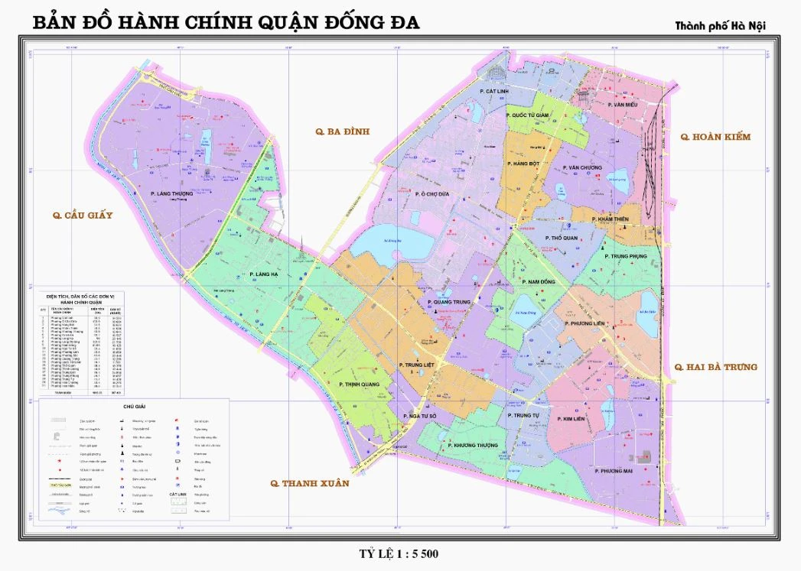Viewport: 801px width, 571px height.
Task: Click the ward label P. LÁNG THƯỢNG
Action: tap(172, 194)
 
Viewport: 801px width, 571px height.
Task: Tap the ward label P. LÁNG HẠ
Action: tap(265, 274)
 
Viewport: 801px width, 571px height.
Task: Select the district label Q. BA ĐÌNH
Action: tap(342, 131)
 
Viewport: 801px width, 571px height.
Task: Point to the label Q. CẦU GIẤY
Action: tap(83, 216)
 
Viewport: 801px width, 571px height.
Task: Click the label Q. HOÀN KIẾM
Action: tap(715, 137)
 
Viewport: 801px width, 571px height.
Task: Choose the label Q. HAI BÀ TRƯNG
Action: tap(715, 367)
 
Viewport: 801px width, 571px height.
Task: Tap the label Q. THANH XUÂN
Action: tap(309, 483)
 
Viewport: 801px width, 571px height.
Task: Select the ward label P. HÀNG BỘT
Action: tap(523, 164)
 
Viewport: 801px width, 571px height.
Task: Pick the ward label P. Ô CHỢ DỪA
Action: tap(432, 194)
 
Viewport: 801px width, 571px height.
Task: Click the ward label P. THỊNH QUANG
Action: tap(360, 384)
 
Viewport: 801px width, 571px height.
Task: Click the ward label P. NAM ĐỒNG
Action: tap(539, 282)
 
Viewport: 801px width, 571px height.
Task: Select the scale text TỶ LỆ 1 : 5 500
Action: tap(399, 553)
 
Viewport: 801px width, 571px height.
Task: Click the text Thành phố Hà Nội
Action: tap(720, 26)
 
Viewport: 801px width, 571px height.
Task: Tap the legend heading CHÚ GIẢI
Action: tap(133, 407)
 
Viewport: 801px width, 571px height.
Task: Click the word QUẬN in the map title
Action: tap(287, 23)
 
